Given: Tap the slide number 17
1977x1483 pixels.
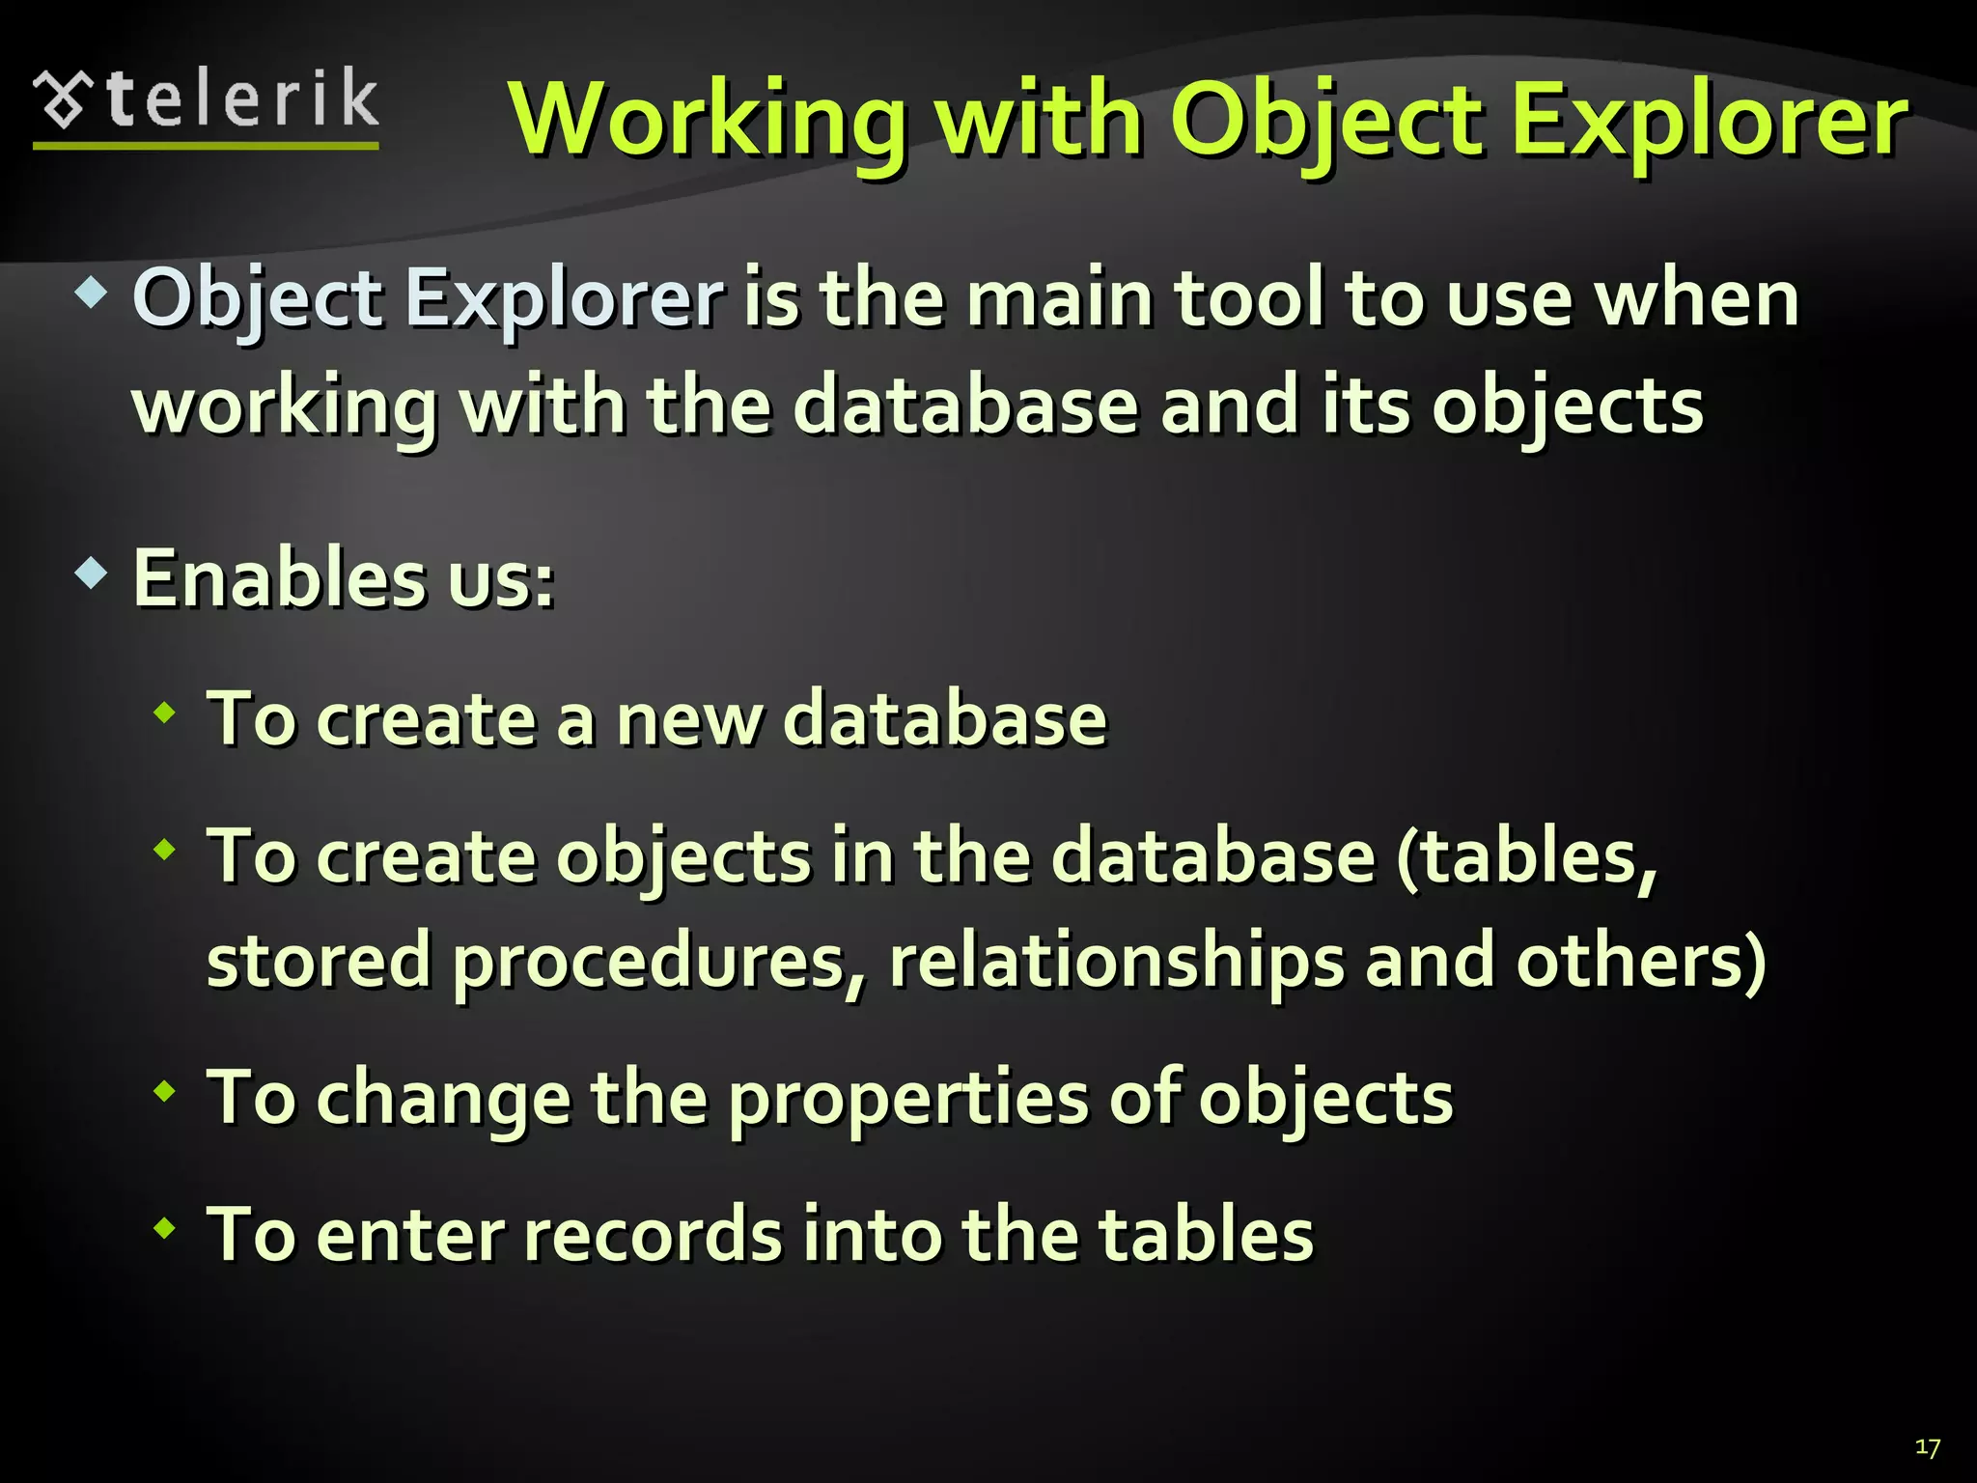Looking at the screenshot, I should tap(1927, 1447).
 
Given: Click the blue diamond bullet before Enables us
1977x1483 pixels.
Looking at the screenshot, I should tap(91, 574).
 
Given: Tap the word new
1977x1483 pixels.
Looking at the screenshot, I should tap(689, 719).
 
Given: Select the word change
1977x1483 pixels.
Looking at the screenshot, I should tap(443, 1098).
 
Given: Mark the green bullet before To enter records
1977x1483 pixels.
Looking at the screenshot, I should tap(165, 1229).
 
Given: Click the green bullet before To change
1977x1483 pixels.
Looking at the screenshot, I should tap(165, 1092).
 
